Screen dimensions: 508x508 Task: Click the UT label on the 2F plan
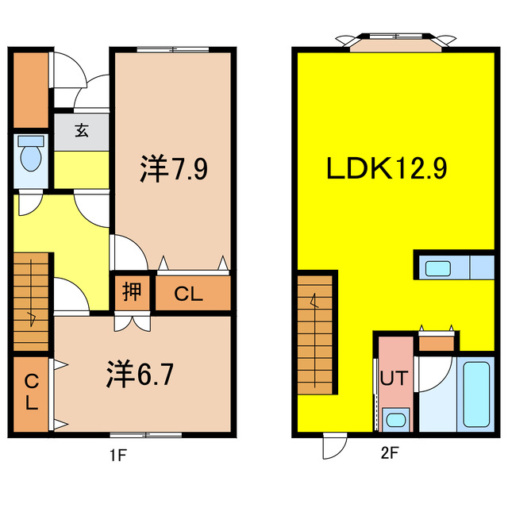395,378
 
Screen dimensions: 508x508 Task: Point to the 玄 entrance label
82,132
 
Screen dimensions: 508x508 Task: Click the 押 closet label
132,293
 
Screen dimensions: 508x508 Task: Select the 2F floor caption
389,455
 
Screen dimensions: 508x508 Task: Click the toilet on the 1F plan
32,158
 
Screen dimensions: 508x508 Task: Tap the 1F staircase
33,302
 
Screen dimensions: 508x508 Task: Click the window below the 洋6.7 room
143,435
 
